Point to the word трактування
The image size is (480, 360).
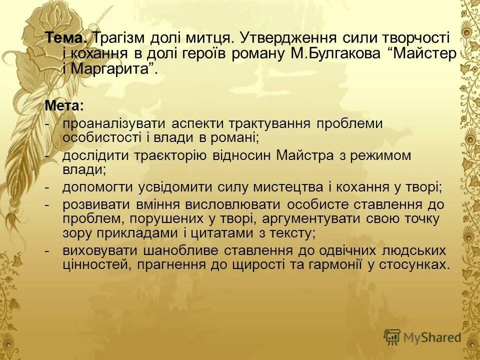(x=270, y=123)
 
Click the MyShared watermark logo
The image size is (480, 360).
(x=422, y=337)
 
